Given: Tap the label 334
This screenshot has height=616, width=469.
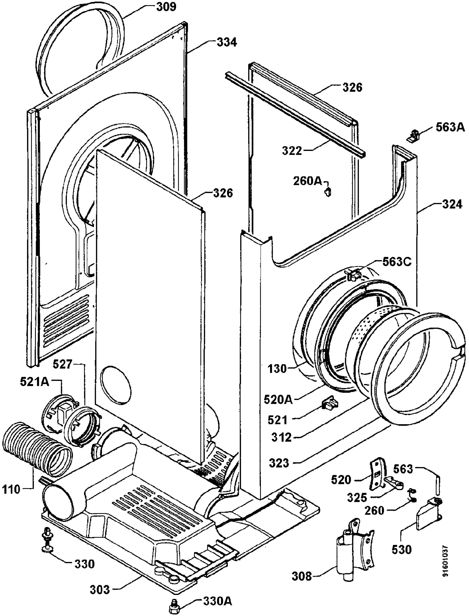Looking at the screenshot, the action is pyautogui.click(x=226, y=43).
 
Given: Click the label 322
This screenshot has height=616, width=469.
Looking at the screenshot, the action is pyautogui.click(x=292, y=151).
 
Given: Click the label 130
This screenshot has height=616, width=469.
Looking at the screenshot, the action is pyautogui.click(x=277, y=369).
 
